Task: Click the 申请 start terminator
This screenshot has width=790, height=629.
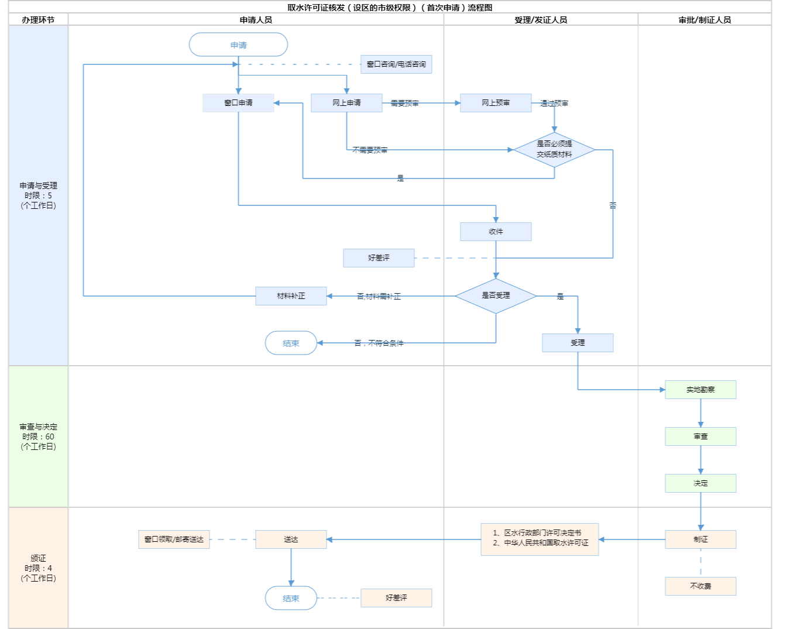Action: coord(238,45)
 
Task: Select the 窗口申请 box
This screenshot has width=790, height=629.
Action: coord(238,103)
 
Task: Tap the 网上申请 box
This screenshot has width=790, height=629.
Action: coord(346,103)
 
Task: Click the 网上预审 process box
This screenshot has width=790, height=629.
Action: coord(496,103)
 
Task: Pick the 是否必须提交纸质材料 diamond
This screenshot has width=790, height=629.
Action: coord(554,149)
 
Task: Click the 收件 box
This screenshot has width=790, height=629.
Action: coord(496,232)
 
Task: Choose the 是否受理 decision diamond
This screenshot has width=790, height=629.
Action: coord(496,295)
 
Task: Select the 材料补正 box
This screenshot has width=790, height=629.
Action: coord(291,296)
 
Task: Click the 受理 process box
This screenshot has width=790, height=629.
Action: coord(578,343)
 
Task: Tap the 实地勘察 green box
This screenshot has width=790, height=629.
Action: coord(700,390)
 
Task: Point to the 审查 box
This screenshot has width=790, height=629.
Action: coord(700,436)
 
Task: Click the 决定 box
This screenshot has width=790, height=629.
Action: coord(700,483)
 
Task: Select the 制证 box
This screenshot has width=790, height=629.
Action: coord(700,539)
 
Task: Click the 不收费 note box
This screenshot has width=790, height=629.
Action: coord(700,586)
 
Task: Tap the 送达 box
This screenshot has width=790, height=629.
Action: coord(291,539)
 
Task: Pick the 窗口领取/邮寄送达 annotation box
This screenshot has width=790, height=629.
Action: coord(174,539)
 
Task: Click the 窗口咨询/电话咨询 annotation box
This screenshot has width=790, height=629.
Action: coord(396,64)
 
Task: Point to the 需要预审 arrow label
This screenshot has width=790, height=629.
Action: coord(404,104)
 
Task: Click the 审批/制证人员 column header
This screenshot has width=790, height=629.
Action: coord(705,20)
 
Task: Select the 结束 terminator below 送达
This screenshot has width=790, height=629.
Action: coord(291,598)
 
